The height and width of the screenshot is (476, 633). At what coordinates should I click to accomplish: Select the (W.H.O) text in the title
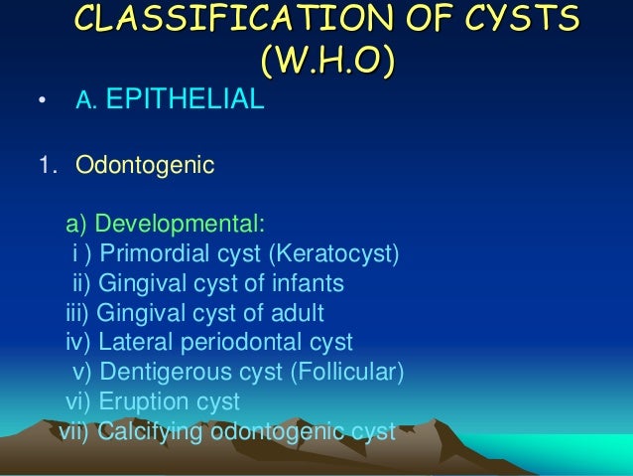tap(326, 63)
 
